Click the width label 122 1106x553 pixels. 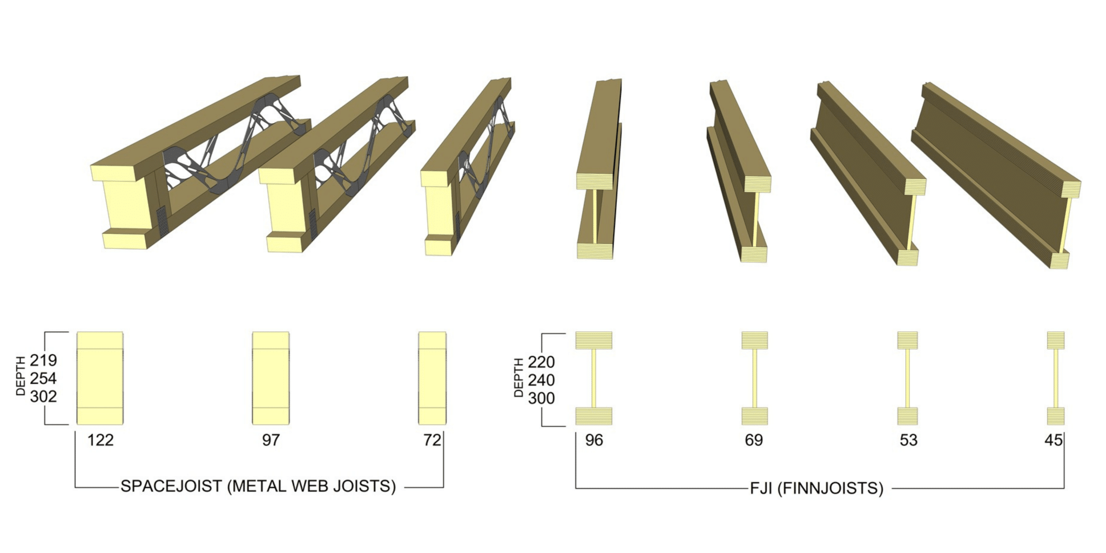click(100, 440)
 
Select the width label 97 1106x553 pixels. click(271, 440)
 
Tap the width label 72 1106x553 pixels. click(432, 440)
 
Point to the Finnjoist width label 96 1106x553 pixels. click(594, 440)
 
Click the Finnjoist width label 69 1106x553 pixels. click(753, 440)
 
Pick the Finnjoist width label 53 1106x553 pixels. click(908, 440)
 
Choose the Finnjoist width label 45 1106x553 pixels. click(1053, 440)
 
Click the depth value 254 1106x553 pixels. click(43, 378)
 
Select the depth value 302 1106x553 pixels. click(43, 396)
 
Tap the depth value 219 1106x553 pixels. click(43, 360)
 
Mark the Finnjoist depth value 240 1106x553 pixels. click(541, 380)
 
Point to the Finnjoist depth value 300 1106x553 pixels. click(541, 399)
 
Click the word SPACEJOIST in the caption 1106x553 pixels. click(171, 486)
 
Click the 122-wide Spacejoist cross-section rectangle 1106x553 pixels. click(100, 378)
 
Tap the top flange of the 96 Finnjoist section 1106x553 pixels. click(594, 340)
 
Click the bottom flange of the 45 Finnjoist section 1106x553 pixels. click(1056, 416)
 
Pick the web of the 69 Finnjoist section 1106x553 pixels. click(754, 378)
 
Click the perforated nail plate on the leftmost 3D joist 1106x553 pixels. click(162, 221)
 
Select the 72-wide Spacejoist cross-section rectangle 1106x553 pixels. click(432, 378)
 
